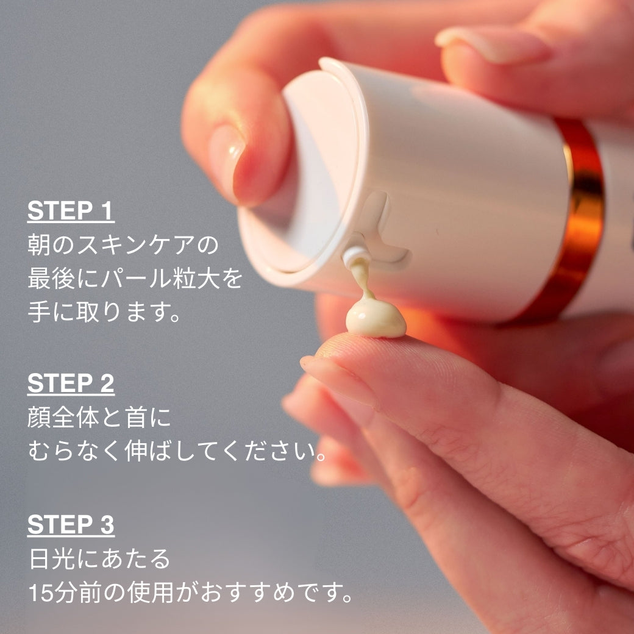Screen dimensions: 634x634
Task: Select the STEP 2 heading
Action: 71,384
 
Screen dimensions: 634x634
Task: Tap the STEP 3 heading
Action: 71,525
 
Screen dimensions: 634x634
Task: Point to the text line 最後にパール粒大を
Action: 135,280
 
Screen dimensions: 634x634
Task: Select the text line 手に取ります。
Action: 104,314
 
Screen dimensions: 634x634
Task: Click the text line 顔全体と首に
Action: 99,419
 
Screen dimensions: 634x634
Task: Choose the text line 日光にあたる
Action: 99,559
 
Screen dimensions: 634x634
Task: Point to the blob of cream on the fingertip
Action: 374,318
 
